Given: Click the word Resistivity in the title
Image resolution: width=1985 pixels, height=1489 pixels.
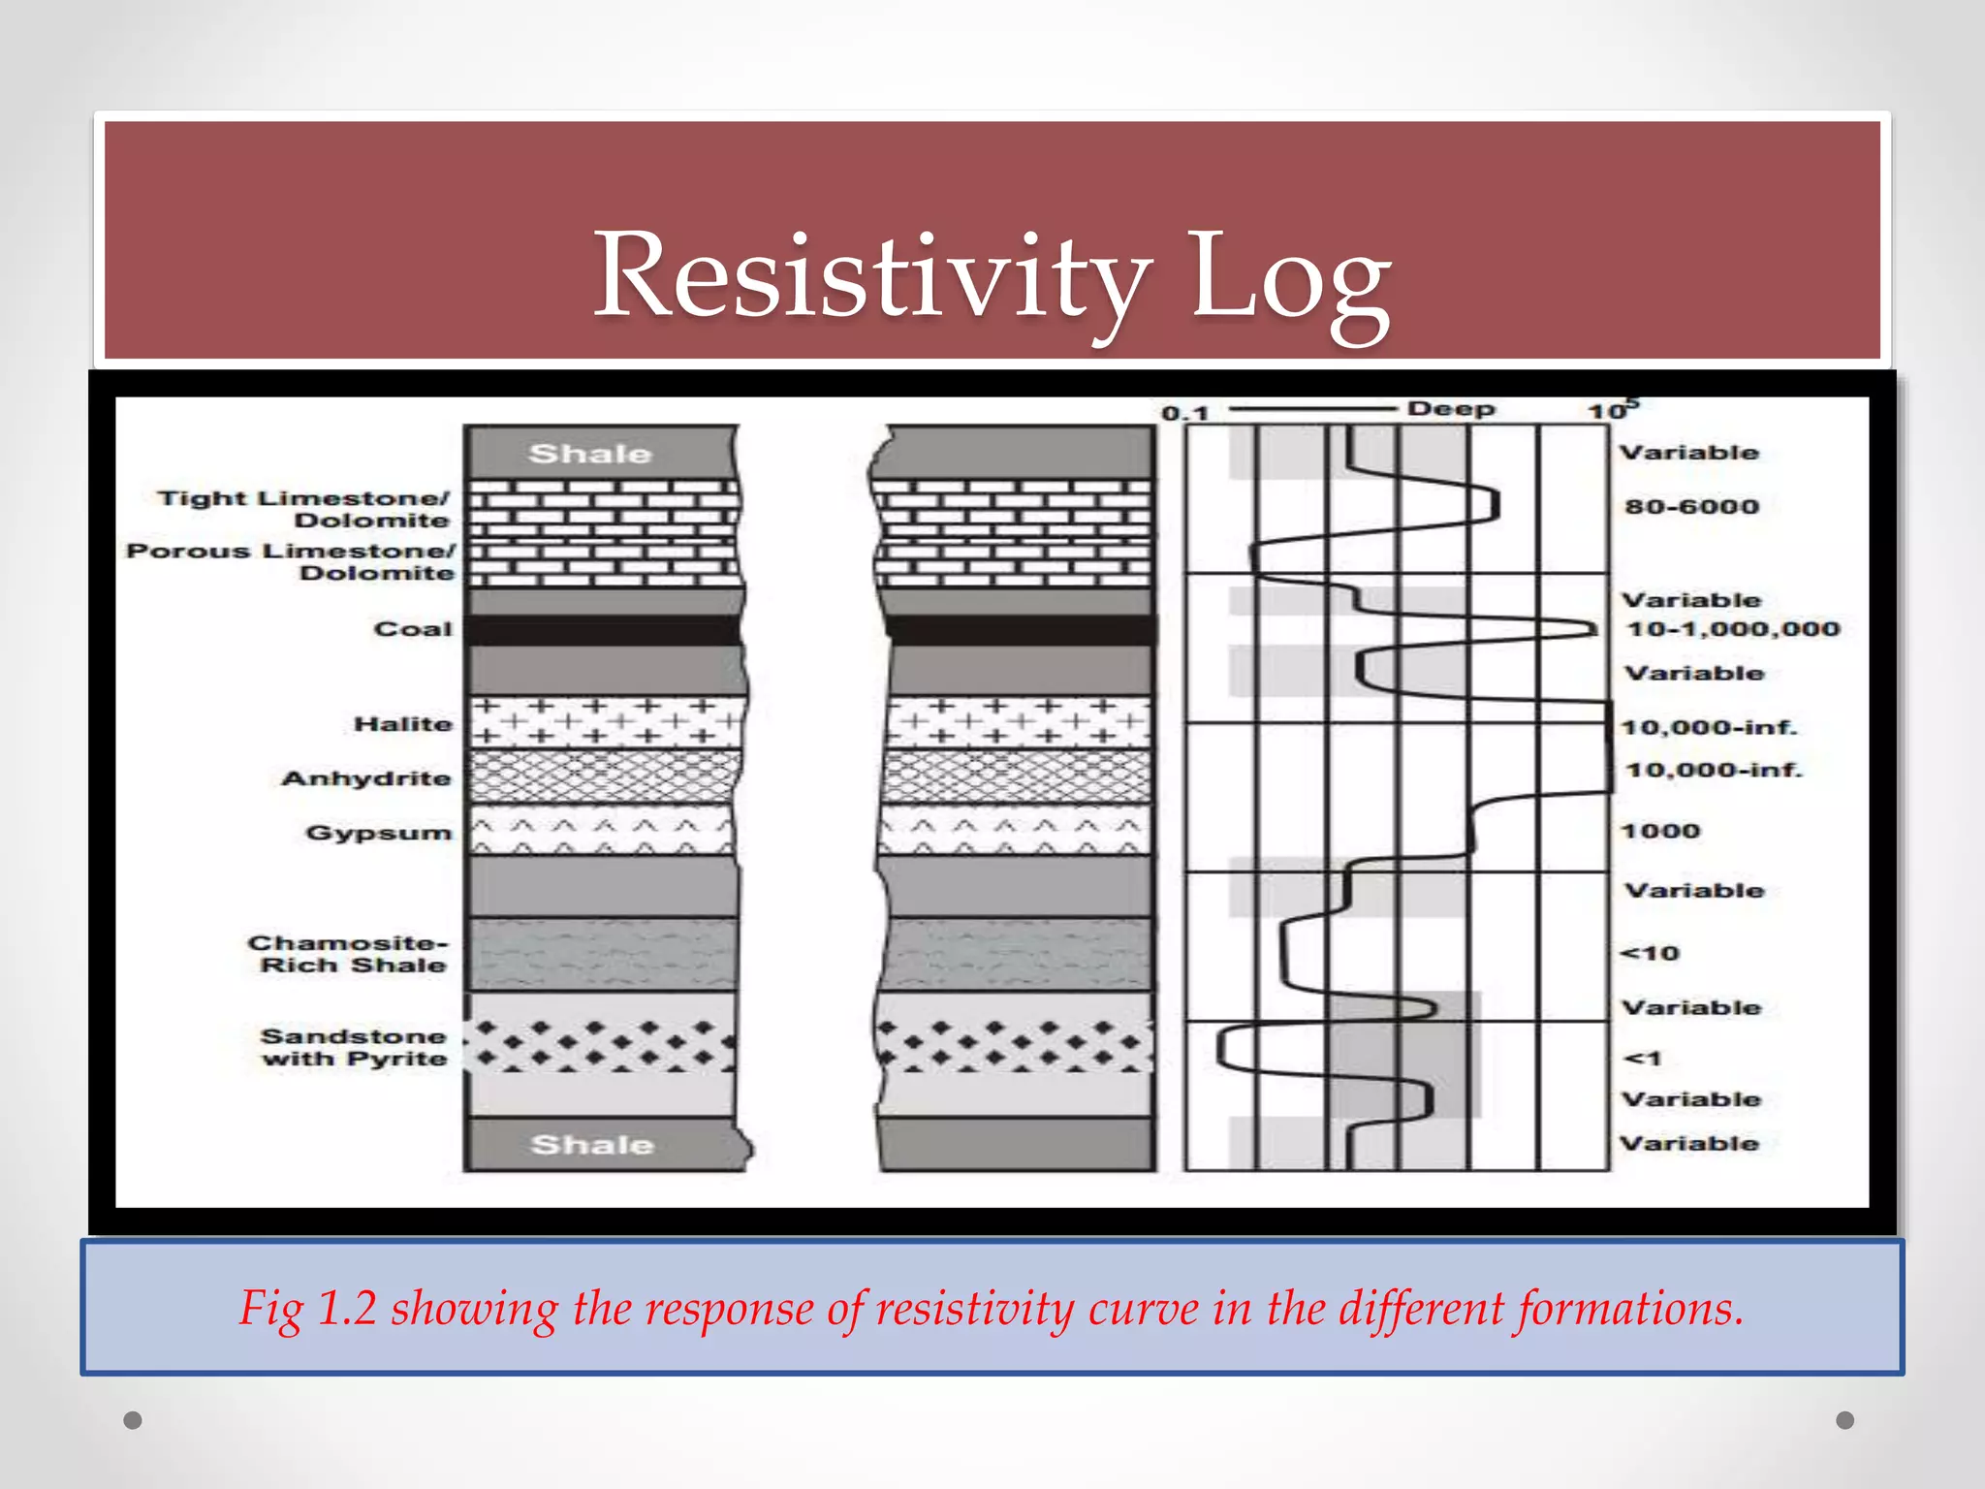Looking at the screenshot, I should tap(872, 276).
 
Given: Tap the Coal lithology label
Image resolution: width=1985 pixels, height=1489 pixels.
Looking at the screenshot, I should tap(413, 629).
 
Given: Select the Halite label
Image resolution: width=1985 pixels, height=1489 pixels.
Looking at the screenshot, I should tap(403, 724).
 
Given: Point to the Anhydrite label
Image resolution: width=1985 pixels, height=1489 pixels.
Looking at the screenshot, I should tap(366, 778).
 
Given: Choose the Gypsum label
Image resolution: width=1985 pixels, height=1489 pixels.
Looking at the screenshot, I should tap(379, 833).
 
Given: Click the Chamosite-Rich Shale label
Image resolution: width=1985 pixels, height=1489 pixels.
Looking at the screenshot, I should tap(349, 954).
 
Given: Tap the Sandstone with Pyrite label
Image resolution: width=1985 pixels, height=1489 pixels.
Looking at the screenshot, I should tap(354, 1047).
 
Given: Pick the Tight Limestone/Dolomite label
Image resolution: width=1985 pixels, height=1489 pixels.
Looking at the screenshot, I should tap(304, 509).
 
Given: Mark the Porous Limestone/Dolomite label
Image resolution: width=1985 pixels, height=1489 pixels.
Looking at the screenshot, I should tap(291, 561).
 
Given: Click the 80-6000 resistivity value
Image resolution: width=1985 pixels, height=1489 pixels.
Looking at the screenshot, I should tap(1691, 506).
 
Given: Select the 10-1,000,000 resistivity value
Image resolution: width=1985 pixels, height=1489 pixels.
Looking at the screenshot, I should tap(1732, 629).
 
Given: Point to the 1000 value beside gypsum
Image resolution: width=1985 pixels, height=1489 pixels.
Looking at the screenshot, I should tap(1660, 831).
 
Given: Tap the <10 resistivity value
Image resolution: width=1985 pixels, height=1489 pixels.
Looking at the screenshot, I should tap(1650, 953).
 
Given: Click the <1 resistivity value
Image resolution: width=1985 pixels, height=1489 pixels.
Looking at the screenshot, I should tap(1642, 1058).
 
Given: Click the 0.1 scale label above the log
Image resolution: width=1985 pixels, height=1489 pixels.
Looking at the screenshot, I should tap(1184, 413).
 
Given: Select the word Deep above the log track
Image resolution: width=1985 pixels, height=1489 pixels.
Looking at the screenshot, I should tap(1451, 409).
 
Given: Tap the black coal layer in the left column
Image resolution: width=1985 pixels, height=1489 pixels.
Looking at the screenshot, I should tap(603, 630).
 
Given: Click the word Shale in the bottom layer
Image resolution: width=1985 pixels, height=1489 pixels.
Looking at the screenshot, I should tap(592, 1145).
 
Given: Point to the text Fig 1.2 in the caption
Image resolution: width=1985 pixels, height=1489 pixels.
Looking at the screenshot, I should tap(307, 1308).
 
